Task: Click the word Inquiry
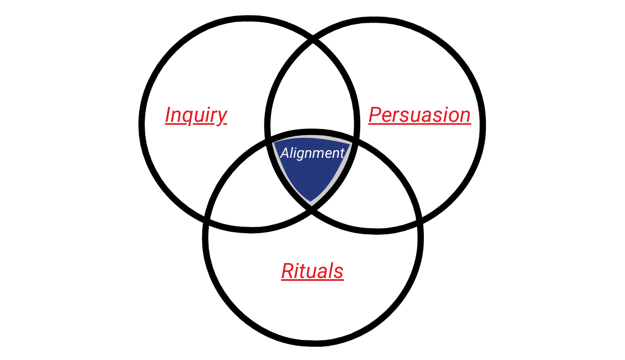[196, 115]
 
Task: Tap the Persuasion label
[419, 115]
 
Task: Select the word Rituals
[312, 271]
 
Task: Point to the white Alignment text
[312, 153]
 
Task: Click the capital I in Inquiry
[168, 115]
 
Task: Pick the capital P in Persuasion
[375, 115]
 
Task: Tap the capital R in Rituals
[287, 271]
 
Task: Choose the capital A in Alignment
[284, 153]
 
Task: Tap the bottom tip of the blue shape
[312, 203]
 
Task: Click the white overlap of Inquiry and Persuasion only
[312, 94]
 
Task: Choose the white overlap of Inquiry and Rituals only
[249, 188]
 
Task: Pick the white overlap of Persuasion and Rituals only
[377, 188]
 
